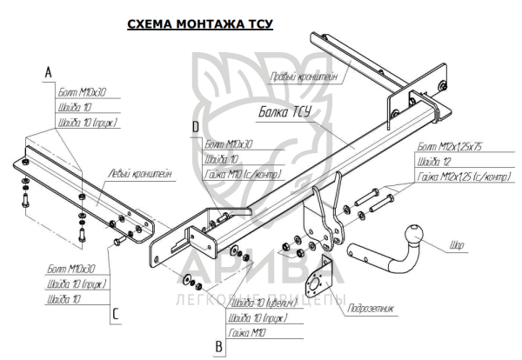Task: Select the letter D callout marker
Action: click(196, 127)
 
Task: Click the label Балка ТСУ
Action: click(284, 112)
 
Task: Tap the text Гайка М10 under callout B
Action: click(246, 331)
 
